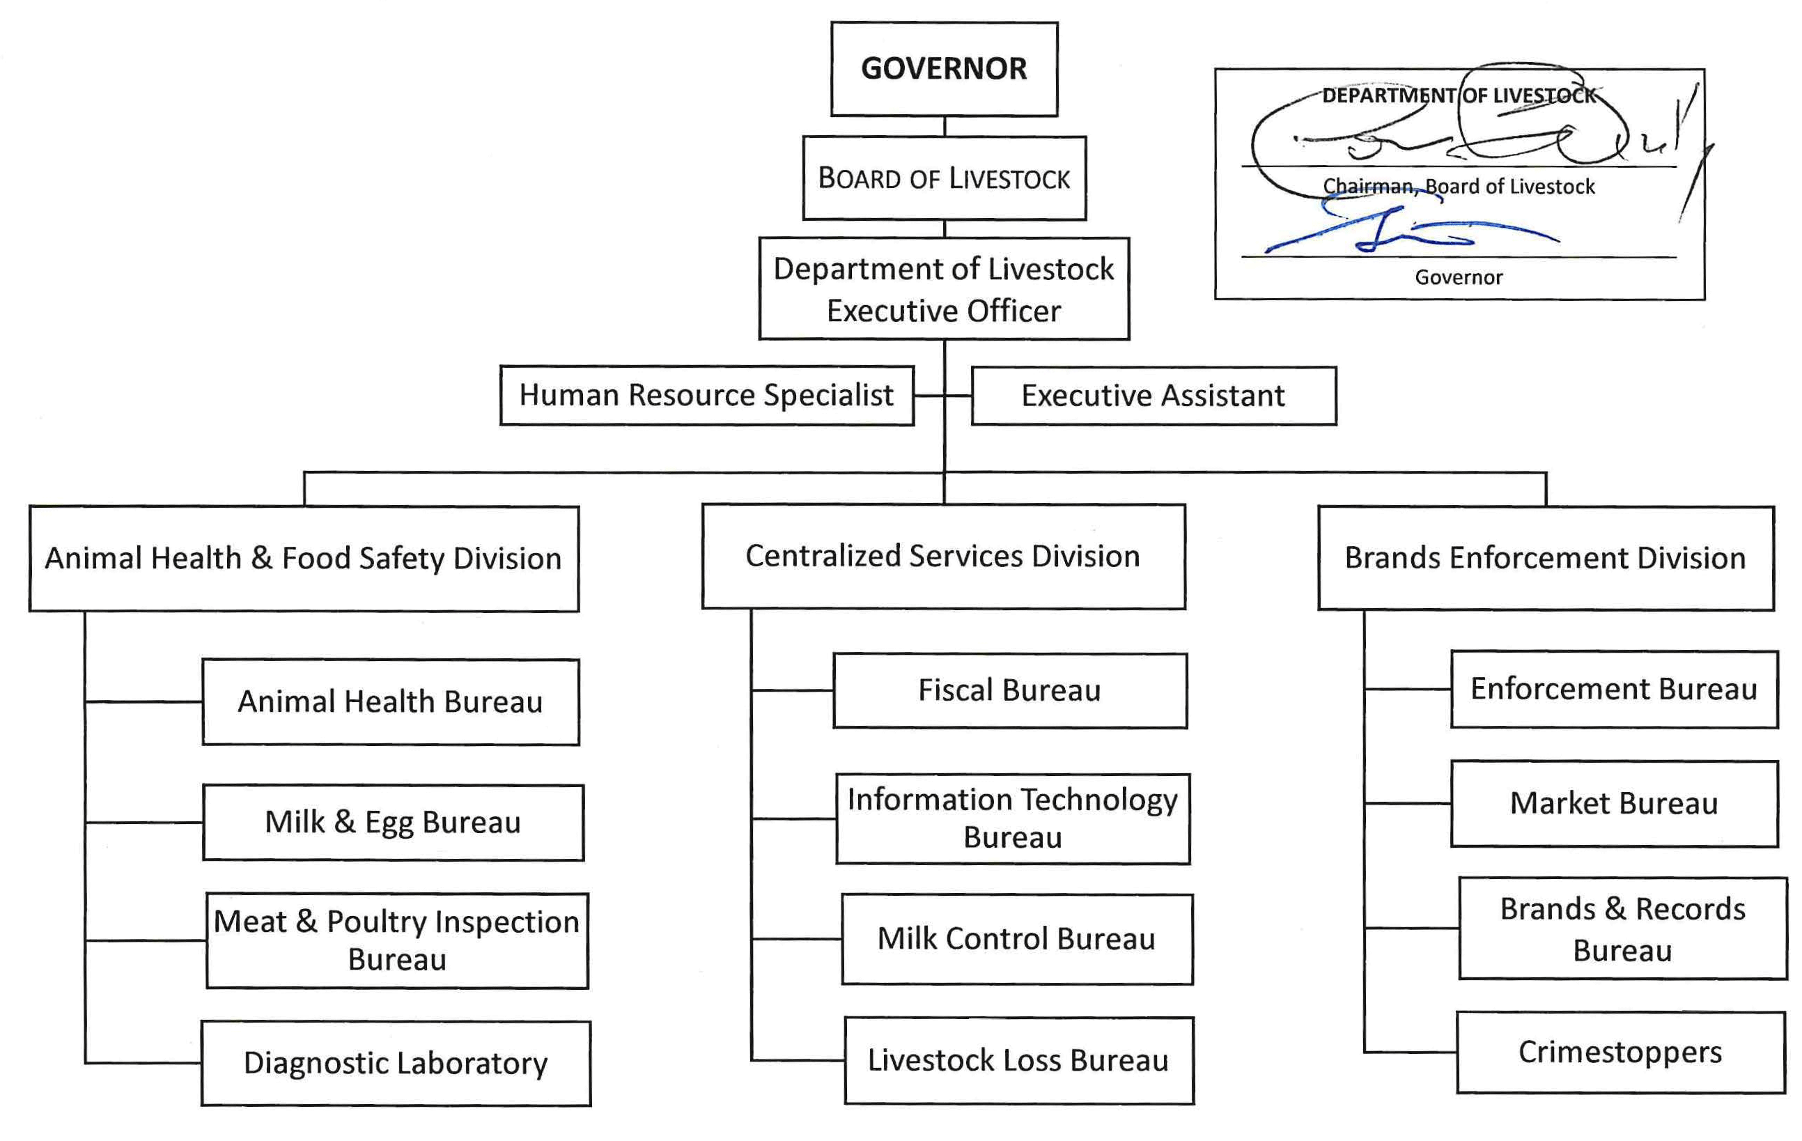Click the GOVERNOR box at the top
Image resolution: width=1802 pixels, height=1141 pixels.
click(944, 69)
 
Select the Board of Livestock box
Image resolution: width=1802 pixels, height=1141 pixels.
click(944, 178)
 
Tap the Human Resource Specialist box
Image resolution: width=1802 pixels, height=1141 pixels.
click(706, 395)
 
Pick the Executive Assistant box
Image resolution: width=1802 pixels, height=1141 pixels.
click(1154, 396)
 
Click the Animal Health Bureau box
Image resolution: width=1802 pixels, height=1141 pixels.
click(390, 702)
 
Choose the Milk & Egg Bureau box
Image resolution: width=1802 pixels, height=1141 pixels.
click(393, 822)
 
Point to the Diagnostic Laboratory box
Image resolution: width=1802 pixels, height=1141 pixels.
click(395, 1063)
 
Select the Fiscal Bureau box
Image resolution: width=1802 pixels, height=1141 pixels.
click(1009, 690)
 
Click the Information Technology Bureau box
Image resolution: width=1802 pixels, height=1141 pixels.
click(1013, 818)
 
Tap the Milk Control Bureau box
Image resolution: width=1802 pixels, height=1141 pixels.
click(1016, 939)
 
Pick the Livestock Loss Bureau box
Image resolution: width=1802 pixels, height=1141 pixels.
click(1018, 1060)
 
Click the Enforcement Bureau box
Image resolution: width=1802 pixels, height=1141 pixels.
click(1614, 689)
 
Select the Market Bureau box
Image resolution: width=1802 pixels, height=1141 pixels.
click(1614, 804)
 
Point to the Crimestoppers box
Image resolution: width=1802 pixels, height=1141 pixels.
click(1620, 1052)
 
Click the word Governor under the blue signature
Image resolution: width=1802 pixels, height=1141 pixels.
click(1459, 277)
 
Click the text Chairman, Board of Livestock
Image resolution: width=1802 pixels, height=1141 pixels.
click(1459, 186)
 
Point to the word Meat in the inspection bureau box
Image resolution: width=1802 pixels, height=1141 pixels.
click(250, 922)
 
